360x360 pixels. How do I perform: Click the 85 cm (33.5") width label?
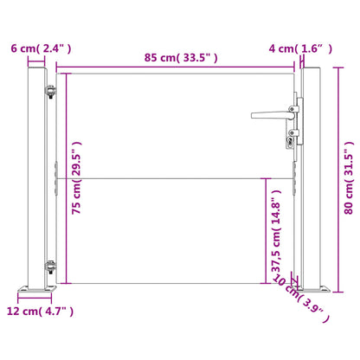click(x=180, y=58)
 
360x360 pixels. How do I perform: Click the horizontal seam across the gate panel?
click(x=173, y=179)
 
